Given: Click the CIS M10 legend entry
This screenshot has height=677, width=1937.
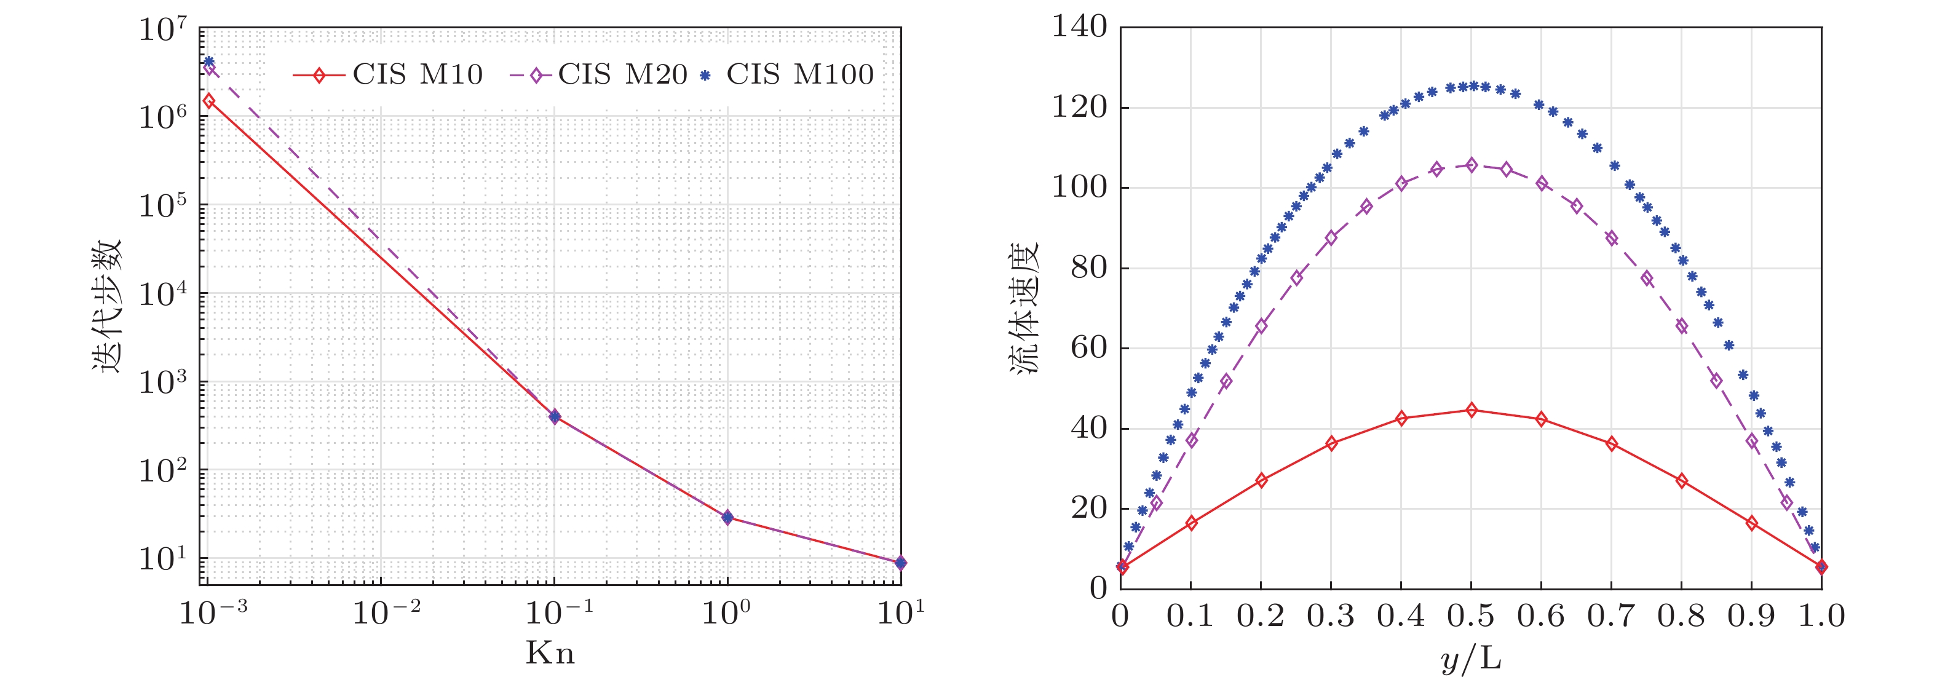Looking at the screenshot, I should (387, 74).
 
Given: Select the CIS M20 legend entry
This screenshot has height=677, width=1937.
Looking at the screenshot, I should (600, 74).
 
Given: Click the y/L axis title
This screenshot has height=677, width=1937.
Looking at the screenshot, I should (1471, 659).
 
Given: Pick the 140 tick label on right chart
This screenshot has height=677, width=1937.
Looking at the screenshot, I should (1080, 27).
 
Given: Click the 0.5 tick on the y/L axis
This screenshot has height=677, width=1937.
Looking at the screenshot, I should (1471, 616).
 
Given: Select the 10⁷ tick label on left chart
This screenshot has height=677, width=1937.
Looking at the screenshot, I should (162, 30).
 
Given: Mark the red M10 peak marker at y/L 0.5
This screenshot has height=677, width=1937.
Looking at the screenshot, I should (1472, 410).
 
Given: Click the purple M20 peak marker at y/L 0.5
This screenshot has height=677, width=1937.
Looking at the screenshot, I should (1472, 165).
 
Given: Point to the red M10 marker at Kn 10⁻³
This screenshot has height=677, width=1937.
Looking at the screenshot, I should (209, 101).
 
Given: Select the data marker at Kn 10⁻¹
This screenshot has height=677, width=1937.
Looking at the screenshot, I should (555, 416).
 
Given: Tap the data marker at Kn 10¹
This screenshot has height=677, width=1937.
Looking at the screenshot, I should (900, 562).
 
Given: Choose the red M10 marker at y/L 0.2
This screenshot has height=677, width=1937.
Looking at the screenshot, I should (1261, 480).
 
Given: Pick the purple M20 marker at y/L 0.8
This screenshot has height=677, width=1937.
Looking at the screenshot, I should (1681, 326).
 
